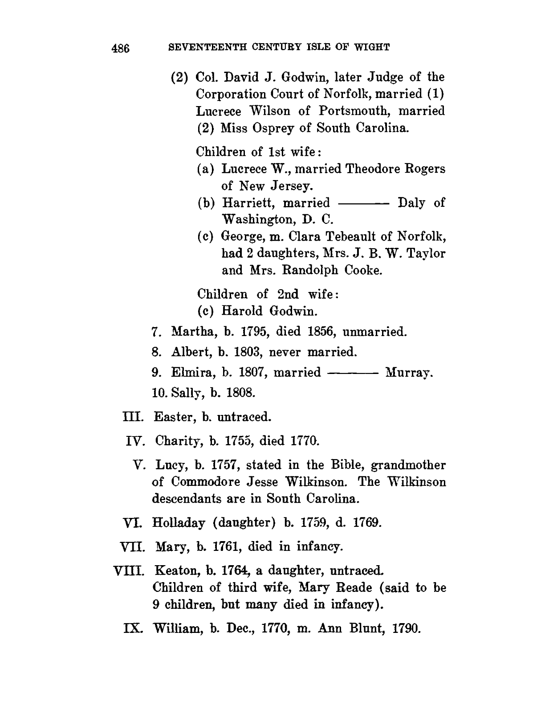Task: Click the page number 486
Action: point(120,48)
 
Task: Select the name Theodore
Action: point(374,169)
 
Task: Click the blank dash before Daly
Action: point(364,203)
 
